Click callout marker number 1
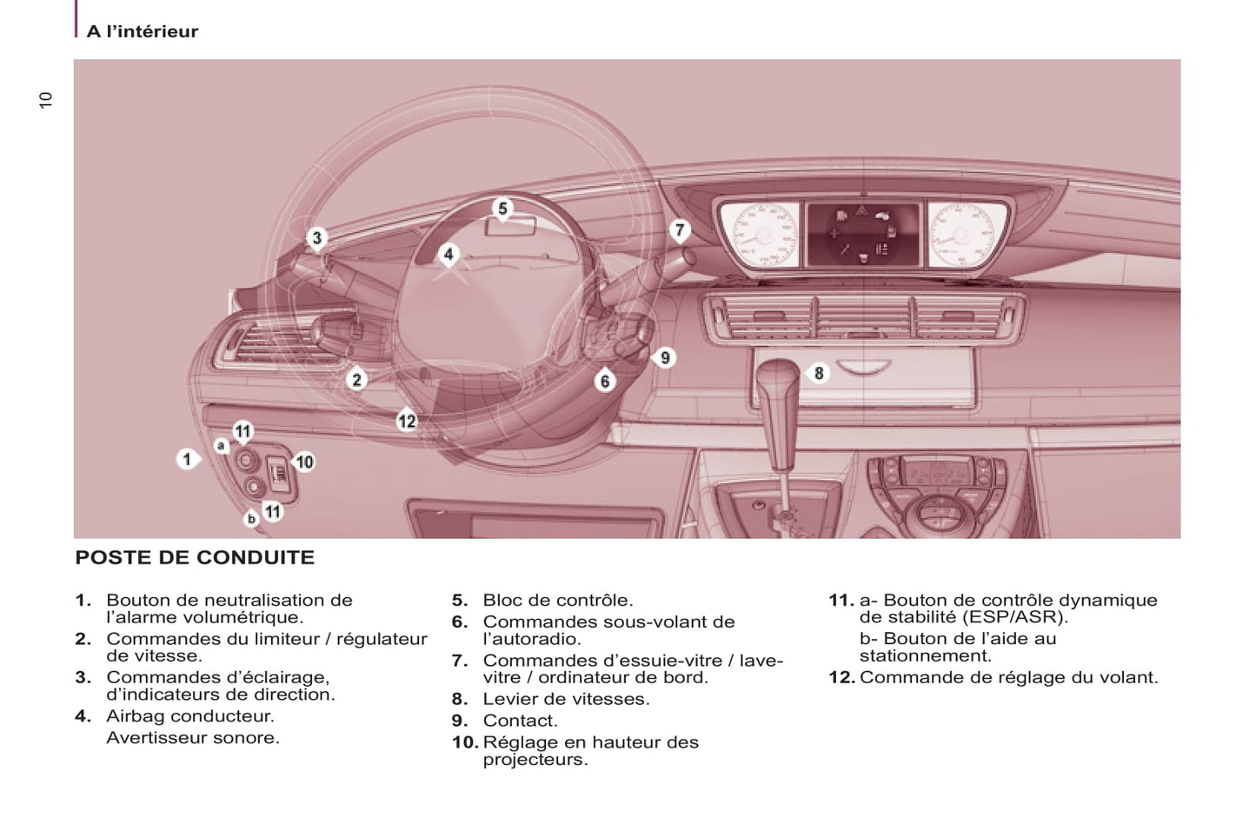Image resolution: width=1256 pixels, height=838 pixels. (187, 459)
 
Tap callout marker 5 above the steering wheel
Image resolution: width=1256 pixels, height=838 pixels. (502, 209)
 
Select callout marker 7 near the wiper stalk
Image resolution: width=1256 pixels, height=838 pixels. (680, 230)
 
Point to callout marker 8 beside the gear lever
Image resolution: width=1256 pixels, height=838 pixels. (818, 373)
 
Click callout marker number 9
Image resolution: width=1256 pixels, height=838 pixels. (665, 357)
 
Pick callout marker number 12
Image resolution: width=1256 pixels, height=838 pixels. (407, 422)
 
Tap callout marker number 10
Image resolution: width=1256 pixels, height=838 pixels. (304, 462)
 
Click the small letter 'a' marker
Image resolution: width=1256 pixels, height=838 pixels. (222, 446)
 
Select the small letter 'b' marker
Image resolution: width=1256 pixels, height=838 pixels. (251, 519)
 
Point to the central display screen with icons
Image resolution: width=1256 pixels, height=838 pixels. (862, 233)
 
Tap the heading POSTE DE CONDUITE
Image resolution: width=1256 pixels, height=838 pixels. (195, 558)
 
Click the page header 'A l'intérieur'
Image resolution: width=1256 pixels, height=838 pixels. (143, 31)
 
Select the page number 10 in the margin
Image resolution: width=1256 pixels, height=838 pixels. (45, 99)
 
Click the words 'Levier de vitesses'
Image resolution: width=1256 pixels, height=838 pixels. (566, 699)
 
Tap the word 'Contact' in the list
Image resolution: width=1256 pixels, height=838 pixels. (520, 721)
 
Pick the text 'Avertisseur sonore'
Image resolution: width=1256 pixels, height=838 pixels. (192, 738)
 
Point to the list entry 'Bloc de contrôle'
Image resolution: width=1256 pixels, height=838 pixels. (557, 600)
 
